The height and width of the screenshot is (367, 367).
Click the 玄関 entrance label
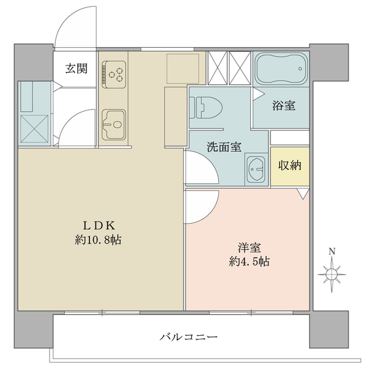76,69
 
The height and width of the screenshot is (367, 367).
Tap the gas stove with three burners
114,75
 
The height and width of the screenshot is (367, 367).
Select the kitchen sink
114,125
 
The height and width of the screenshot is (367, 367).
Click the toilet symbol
206,108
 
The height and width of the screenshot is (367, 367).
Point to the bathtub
281,69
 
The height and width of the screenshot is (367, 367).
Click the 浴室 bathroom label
283,106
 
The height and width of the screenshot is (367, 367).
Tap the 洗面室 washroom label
224,147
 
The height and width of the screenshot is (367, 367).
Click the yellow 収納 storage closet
290,166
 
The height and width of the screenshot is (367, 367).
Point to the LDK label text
98,225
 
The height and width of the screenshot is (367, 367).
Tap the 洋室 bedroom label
250,248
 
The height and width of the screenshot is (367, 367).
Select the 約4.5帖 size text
249,262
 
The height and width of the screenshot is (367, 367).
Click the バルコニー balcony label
188,337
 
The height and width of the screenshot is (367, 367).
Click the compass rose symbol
332,274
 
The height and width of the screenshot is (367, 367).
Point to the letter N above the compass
332,251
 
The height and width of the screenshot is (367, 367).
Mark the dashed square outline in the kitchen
183,69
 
